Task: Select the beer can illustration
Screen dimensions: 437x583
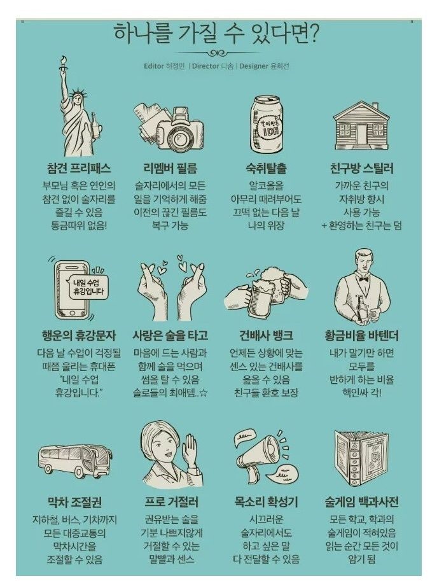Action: [265, 124]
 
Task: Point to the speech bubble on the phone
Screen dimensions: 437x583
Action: [88, 286]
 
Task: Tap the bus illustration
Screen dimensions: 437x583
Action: [76, 460]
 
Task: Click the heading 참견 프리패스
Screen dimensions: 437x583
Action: [79, 168]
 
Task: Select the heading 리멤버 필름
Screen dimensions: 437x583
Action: [170, 168]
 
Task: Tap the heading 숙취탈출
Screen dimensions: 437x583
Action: [266, 168]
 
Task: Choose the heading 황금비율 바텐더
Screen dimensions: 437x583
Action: [361, 335]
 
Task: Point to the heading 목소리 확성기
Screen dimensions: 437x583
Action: [266, 502]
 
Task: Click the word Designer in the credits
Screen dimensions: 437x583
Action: [254, 66]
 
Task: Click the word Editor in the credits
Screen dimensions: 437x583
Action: [154, 66]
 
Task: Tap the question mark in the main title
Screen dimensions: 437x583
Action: [312, 34]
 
